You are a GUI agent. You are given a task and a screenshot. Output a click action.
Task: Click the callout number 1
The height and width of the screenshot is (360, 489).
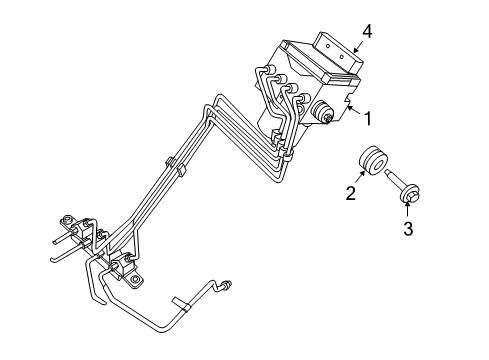point(368,120)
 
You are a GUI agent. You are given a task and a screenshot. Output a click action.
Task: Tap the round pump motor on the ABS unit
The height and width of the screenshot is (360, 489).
point(324,114)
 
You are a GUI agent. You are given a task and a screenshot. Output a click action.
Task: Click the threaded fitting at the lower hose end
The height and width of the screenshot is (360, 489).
point(229,286)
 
